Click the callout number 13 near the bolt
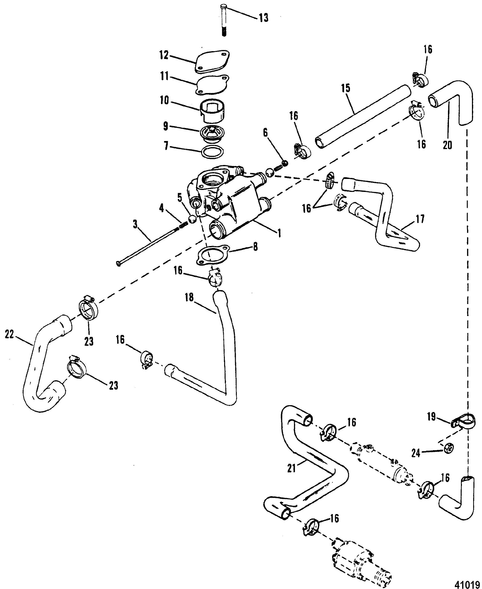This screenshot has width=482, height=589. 264,18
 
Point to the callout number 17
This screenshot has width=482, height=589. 420,219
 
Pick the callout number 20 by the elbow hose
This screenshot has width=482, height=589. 447,145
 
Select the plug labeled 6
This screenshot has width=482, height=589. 284,163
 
